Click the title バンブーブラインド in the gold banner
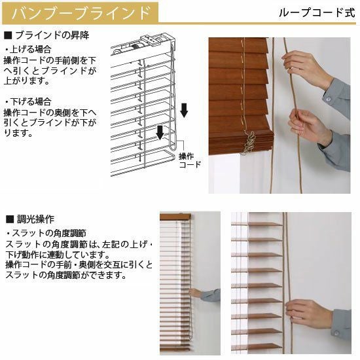coord(81,13)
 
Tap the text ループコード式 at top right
coord(317,12)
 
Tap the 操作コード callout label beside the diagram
coord(190,160)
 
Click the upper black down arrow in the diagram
coord(184,111)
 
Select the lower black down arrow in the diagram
coord(160,133)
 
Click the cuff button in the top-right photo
coord(329,99)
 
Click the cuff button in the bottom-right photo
coord(336,333)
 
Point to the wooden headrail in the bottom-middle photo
coord(175,217)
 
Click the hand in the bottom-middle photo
coord(195,293)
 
